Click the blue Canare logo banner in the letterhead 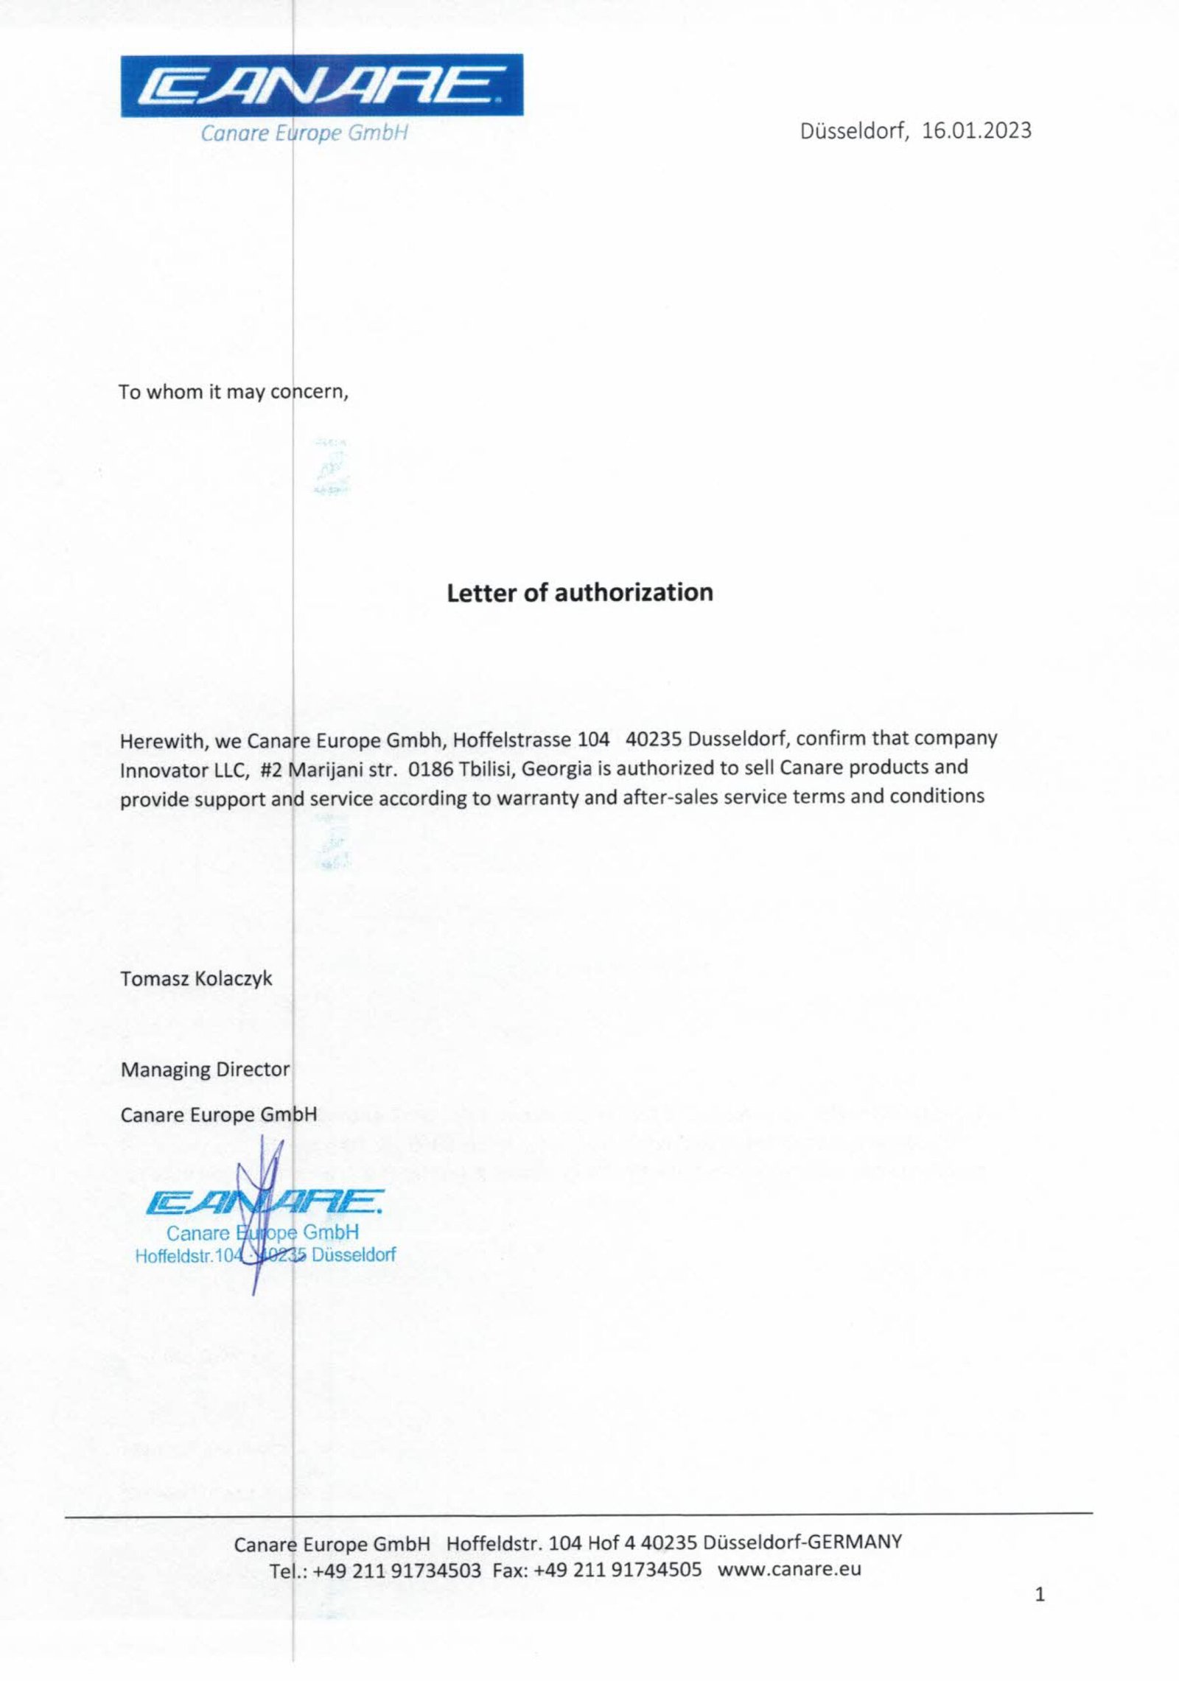click(x=322, y=85)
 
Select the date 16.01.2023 click(x=976, y=131)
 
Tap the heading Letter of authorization click(x=579, y=593)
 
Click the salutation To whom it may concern click(x=233, y=392)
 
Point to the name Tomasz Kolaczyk click(x=196, y=979)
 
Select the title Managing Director click(x=205, y=1069)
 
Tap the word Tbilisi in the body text click(x=486, y=769)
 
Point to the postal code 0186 click(x=430, y=769)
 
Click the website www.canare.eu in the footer click(x=789, y=1569)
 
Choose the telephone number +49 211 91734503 click(x=396, y=1571)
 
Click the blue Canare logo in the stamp click(x=264, y=1203)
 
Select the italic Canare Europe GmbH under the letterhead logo click(x=304, y=133)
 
